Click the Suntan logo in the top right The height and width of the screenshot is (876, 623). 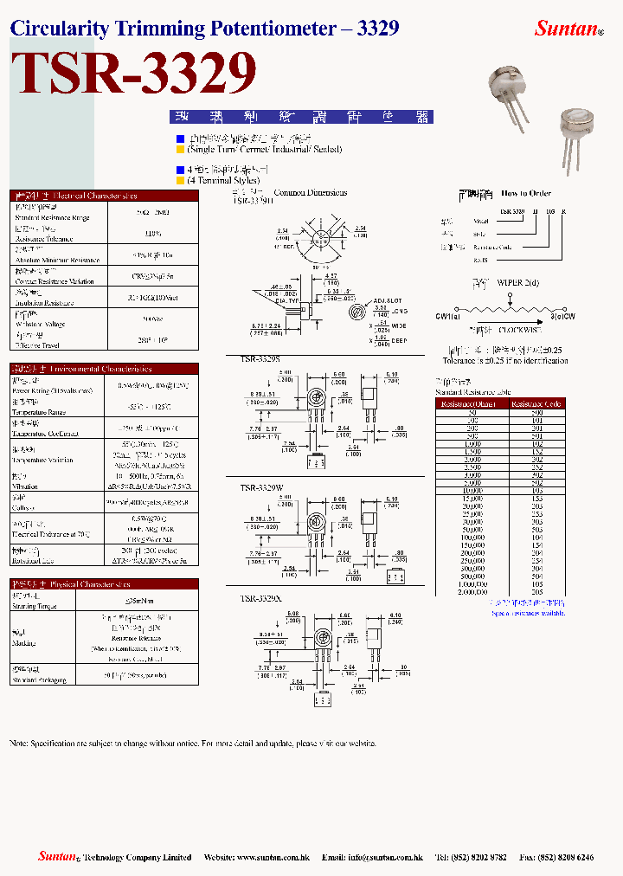pyautogui.click(x=568, y=29)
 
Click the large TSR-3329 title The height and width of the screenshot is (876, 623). pyautogui.click(x=137, y=74)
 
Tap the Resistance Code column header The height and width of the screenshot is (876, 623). pyautogui.click(x=536, y=403)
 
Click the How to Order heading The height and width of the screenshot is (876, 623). pyautogui.click(x=526, y=193)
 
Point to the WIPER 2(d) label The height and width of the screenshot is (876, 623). pyautogui.click(x=517, y=282)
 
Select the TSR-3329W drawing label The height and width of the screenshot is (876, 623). pyautogui.click(x=260, y=488)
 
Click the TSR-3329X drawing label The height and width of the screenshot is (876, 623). pyautogui.click(x=259, y=598)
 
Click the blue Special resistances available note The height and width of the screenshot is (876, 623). pyautogui.click(x=528, y=613)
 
